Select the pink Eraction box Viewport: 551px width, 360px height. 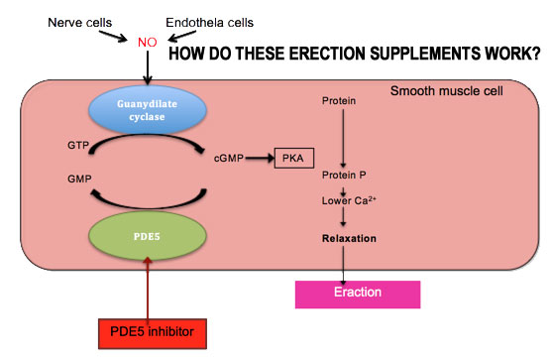[x=358, y=294]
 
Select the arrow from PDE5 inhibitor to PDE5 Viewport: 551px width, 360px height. [x=149, y=292]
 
